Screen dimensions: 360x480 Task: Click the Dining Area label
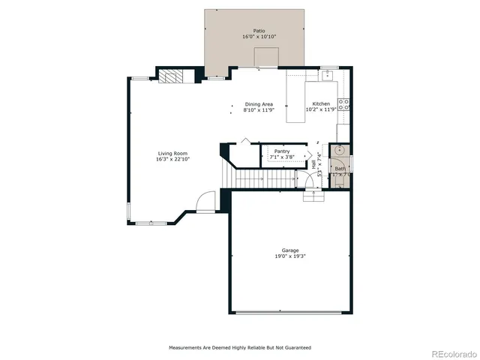[259, 103]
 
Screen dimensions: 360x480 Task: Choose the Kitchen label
[321, 103]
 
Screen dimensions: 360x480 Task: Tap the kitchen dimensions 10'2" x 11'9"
[321, 109]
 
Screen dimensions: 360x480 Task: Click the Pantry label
[282, 151]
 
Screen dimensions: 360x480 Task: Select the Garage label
[290, 250]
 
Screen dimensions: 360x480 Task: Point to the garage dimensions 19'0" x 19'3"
[290, 256]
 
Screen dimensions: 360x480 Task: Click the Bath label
[340, 169]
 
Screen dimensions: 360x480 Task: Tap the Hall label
[313, 165]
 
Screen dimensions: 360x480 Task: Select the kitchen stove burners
[345, 104]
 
